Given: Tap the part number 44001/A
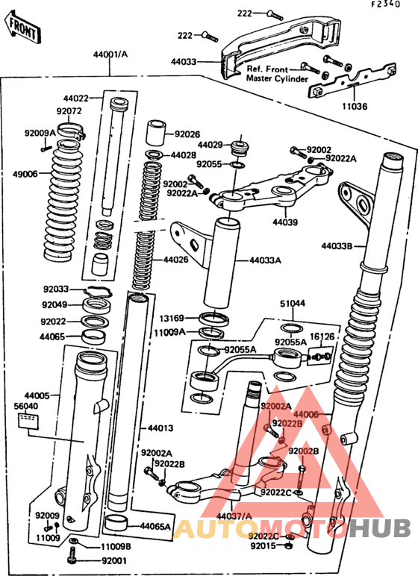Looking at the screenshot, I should [x=110, y=54].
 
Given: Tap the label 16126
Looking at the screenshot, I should [x=322, y=337].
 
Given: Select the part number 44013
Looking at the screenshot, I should [x=160, y=428].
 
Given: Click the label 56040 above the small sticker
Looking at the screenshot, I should [x=26, y=407].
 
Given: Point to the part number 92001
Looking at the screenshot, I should [x=114, y=560].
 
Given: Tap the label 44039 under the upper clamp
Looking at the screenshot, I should [x=284, y=222].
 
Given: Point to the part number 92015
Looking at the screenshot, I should [x=263, y=546].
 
